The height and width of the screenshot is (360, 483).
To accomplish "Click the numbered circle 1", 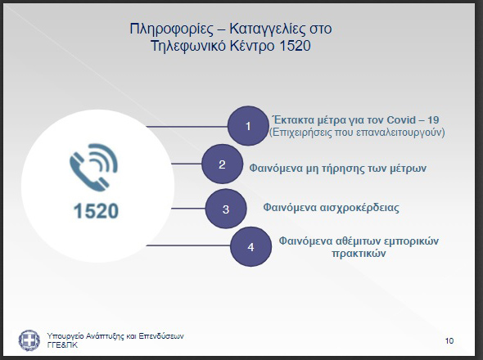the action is [248, 126].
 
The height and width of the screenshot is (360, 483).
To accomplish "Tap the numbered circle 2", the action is [222, 164].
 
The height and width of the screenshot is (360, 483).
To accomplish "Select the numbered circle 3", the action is [226, 209].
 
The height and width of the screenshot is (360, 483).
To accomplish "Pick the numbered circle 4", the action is [251, 246].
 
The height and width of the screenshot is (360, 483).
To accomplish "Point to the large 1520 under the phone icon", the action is [96, 211].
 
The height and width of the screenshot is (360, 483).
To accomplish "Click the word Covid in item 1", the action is [401, 119].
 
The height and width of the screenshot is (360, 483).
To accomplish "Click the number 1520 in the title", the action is [296, 46].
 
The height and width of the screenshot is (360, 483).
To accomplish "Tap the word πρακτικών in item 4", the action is [359, 254].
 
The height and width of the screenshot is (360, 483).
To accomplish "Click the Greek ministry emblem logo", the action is [29, 340].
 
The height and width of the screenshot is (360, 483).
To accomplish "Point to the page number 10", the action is [449, 341].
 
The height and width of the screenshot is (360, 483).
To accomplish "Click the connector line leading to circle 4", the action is [188, 245].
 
